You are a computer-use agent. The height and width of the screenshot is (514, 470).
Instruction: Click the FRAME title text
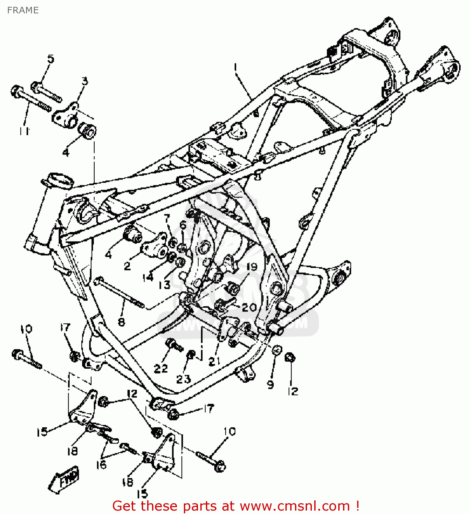[x=23, y=10]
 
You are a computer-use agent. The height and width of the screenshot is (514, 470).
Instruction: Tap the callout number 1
[x=235, y=67]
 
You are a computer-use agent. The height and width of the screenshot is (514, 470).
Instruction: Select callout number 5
[x=50, y=59]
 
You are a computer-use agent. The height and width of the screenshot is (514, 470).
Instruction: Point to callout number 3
[x=84, y=81]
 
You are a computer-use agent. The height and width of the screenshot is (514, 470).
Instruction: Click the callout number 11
[x=24, y=131]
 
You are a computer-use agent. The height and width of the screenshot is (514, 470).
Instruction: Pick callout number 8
[x=121, y=322]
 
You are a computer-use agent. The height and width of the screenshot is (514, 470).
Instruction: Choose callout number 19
[x=252, y=267]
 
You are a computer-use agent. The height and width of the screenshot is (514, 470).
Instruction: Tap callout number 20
[x=249, y=307]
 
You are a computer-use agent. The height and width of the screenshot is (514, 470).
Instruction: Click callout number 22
[x=161, y=368]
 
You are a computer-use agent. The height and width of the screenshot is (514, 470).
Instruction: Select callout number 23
[x=183, y=379]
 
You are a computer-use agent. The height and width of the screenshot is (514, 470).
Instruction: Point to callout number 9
[x=270, y=384]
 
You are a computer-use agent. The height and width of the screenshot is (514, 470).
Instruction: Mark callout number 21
[x=214, y=361]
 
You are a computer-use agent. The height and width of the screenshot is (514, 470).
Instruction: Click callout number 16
[x=101, y=465]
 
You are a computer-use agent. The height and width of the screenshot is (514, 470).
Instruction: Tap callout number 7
[x=167, y=218]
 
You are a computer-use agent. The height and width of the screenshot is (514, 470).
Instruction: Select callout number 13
[x=164, y=284]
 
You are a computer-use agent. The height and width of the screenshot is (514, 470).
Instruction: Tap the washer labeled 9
[x=277, y=350]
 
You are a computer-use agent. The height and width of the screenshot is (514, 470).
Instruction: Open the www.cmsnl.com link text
[x=294, y=506]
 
